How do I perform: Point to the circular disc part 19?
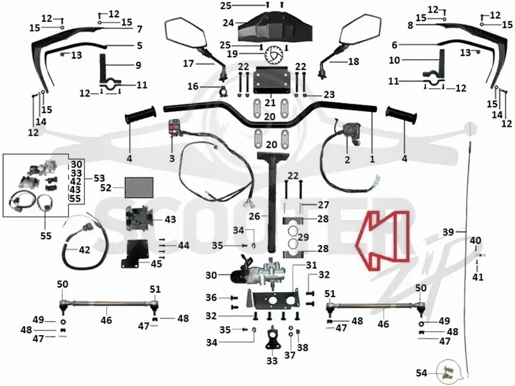tap(273, 55)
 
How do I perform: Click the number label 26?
tap(254, 216)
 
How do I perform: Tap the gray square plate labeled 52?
tap(139, 187)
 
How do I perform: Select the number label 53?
tap(99, 178)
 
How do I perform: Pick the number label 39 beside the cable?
tap(448, 232)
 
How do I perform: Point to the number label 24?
tap(228, 23)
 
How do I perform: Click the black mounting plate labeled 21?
tap(270, 79)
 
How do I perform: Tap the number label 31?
tap(312, 264)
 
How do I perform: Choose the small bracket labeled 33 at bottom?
tap(272, 340)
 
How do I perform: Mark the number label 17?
tap(188, 63)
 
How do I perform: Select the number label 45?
tap(156, 263)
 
